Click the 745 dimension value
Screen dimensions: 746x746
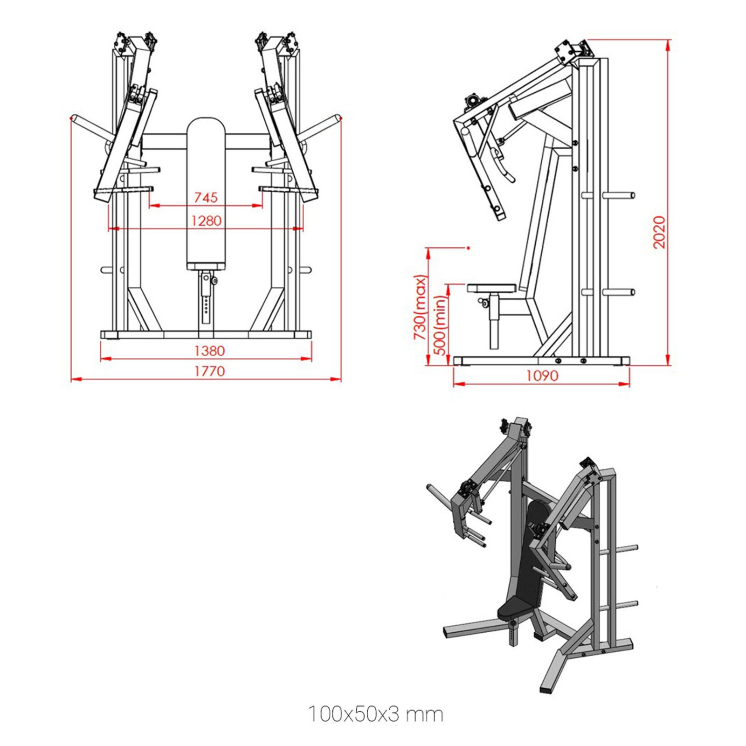(206, 197)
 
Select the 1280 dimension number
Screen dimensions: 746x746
(206, 221)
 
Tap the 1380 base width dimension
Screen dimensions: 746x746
(209, 351)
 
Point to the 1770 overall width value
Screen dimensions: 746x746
(209, 371)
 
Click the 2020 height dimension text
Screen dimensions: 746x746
(658, 232)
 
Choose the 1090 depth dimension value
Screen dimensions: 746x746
(542, 375)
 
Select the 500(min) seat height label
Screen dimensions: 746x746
(440, 325)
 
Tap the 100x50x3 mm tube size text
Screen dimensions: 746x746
(375, 714)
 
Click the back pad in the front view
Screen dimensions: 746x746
(206, 191)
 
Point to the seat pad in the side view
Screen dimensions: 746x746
(492, 288)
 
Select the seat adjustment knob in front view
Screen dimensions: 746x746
(214, 281)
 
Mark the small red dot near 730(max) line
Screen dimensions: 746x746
(468, 248)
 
